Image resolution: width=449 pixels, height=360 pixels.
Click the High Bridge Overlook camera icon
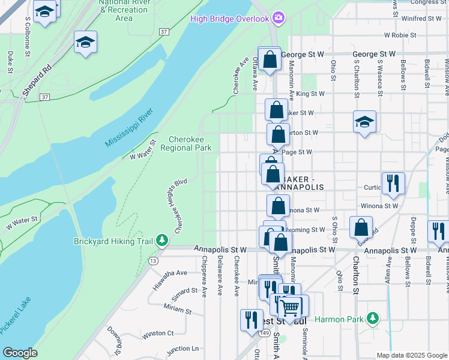[277, 18]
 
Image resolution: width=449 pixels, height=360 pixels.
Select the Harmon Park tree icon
[373, 317]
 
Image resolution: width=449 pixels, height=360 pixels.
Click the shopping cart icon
[291, 307]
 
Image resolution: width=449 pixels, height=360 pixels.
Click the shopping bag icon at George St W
[270, 59]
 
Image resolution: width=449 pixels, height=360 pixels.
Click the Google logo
[20, 353]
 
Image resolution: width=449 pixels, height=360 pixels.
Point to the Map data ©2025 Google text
[411, 355]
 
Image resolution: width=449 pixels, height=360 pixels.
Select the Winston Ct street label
[157, 333]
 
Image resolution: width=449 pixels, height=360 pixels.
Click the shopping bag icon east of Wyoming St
[361, 228]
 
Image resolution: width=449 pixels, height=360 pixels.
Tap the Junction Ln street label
[182, 349]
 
